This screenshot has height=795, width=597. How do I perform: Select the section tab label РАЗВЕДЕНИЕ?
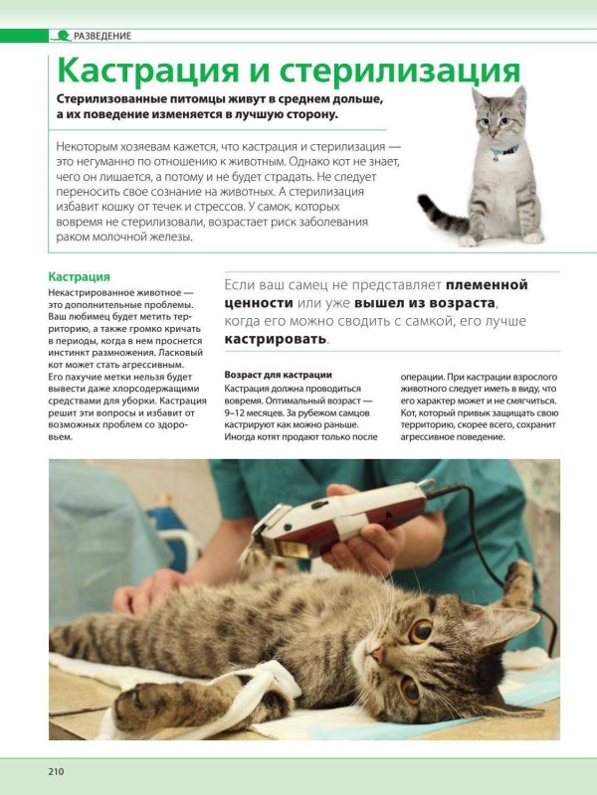[x=102, y=36]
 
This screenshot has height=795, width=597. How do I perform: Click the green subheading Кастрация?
[x=80, y=277]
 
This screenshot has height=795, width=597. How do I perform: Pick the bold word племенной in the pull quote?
[x=487, y=284]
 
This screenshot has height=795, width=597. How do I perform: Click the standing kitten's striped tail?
[x=439, y=211]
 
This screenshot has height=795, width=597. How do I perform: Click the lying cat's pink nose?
[x=377, y=655]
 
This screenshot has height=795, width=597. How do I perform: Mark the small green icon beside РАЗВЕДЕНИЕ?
[x=62, y=36]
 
